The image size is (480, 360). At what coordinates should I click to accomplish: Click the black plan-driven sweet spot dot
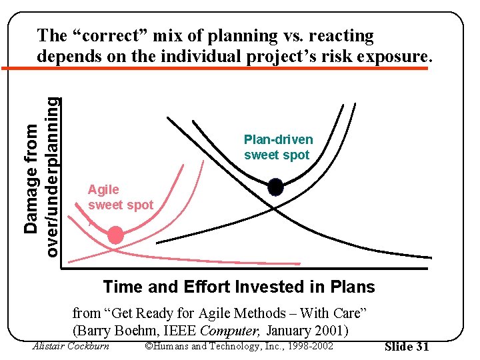(x=275, y=188)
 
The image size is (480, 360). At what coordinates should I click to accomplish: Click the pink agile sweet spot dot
(x=116, y=235)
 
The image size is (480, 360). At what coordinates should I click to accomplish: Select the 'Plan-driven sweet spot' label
(x=278, y=147)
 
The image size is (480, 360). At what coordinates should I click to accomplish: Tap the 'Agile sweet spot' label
(x=120, y=197)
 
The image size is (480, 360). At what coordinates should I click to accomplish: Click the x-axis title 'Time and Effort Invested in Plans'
(x=239, y=287)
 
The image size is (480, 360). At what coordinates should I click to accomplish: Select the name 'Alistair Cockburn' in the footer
(x=71, y=345)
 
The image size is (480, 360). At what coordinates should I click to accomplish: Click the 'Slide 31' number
(x=407, y=347)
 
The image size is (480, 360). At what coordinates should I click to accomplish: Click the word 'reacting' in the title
(x=340, y=36)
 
